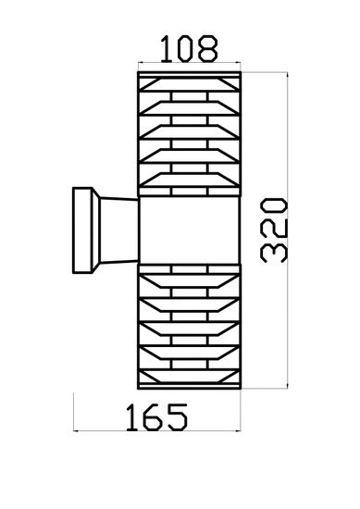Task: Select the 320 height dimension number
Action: [x=278, y=228]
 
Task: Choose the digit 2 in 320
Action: [x=278, y=228]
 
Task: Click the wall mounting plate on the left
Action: [x=82, y=230]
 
